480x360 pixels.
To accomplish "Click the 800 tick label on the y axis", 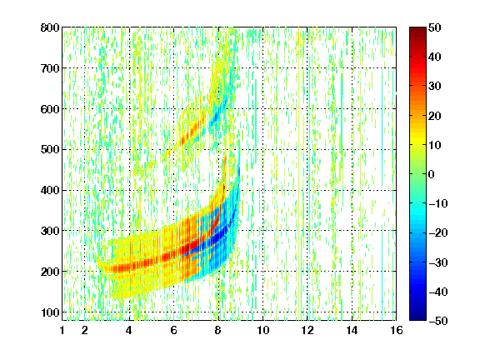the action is pos(50,27).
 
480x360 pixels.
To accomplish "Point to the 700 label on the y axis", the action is pos(50,68).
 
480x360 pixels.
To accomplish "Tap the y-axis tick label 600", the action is pos(50,109).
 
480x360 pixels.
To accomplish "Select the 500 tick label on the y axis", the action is pos(50,150).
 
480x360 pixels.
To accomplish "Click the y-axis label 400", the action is pos(50,190).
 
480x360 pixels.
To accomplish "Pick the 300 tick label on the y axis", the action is pos(50,231).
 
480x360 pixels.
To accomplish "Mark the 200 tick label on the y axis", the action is pos(50,272).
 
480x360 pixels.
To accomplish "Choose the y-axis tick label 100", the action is pos(50,312).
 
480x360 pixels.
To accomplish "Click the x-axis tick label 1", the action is pos(62,330).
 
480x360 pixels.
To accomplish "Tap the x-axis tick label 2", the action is pos(85,330).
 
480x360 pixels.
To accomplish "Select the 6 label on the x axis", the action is pos(174,330).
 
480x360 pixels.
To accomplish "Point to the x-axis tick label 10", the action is pos(263,330).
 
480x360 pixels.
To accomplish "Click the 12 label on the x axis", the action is pos(307,330).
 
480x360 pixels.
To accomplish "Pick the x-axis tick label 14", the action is pos(352,330).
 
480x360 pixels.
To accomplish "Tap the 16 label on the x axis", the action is pos(397,330).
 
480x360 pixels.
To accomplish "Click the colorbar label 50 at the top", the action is pos(434,27).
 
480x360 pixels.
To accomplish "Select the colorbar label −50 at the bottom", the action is pos(438,321).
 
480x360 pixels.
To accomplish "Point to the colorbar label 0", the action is pos(431,174).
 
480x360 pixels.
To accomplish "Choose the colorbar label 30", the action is pos(434,87).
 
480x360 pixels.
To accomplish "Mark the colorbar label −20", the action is pos(438,233).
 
